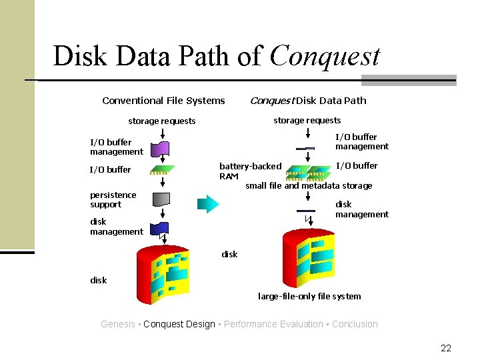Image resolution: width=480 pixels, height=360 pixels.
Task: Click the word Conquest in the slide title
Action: (325, 57)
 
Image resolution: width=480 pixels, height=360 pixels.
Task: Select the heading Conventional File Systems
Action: (163, 101)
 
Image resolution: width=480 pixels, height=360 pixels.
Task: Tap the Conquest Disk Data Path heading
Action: (307, 101)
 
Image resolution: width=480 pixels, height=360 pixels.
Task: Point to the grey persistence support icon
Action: (161, 199)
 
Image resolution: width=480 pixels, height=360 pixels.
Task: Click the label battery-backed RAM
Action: (250, 171)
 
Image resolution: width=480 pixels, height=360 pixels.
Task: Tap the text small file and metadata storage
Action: (309, 186)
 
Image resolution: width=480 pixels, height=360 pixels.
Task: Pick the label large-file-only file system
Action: (309, 296)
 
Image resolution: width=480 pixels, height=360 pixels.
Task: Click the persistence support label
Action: (113, 199)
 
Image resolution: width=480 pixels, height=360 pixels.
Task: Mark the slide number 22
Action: (446, 348)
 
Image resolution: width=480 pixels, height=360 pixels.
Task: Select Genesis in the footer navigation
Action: (118, 324)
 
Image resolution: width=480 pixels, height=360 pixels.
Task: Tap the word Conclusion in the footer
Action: (355, 324)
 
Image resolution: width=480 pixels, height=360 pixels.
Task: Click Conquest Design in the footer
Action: (179, 324)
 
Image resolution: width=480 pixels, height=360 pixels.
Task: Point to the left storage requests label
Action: (162, 121)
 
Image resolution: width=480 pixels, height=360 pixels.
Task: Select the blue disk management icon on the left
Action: (160, 228)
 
